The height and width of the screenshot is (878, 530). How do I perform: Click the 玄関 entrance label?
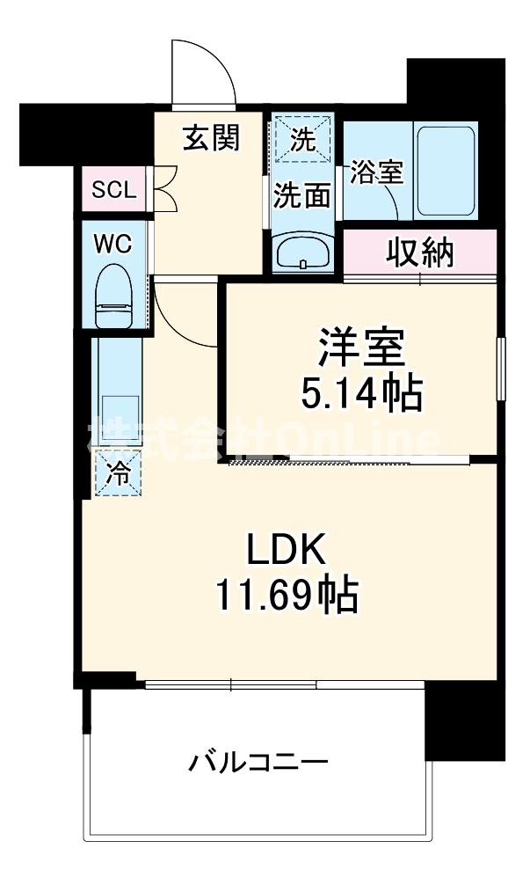211,138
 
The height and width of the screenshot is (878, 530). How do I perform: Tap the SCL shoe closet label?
114,189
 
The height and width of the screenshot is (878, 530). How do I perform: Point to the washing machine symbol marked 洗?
302,139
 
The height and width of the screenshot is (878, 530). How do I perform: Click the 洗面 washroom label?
301,195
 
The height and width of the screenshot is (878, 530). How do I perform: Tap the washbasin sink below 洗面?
302,253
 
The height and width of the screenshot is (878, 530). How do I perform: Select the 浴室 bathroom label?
376,172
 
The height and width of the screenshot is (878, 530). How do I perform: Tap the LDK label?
287,552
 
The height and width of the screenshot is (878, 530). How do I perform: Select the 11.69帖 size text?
287,598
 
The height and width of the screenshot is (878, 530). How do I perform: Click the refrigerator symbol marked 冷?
117,472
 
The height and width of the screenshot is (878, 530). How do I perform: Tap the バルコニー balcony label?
258,762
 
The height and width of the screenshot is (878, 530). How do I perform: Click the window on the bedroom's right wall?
499,370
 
